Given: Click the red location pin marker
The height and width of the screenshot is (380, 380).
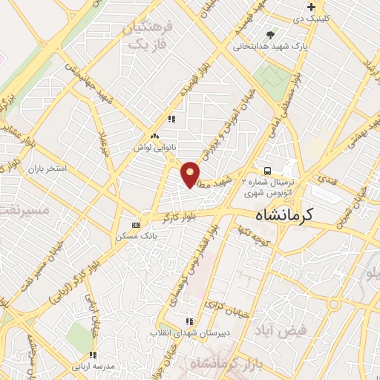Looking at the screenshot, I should point(191,174).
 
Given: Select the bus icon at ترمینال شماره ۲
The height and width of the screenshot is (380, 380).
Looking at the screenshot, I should point(267,168).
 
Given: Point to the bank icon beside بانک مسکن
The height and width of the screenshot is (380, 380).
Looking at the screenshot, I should point(135,224).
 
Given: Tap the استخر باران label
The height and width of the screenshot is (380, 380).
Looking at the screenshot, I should point(47,169).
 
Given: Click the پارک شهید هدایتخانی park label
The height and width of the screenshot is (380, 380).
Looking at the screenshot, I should point(270,46).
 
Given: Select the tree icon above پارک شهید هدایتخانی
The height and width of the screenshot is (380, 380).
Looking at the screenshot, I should point(270,34).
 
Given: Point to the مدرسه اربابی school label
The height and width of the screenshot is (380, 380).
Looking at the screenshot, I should point(92,367).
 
